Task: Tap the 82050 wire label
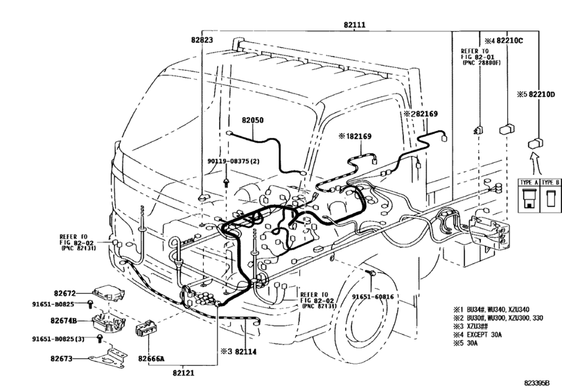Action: click(x=252, y=119)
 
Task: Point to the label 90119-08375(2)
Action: click(x=232, y=161)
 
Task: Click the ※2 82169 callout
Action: click(x=421, y=113)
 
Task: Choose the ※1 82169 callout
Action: click(x=355, y=136)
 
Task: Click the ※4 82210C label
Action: click(x=504, y=40)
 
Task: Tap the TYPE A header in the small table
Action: click(x=529, y=181)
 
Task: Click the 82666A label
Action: click(x=150, y=358)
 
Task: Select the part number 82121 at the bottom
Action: click(x=184, y=373)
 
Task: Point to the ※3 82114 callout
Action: click(x=238, y=352)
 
